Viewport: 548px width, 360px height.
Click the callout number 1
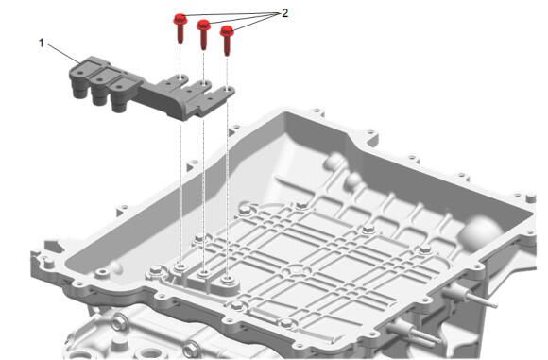[x=42, y=43]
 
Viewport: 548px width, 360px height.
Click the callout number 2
[x=284, y=13]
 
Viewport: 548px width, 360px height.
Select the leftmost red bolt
[x=180, y=28]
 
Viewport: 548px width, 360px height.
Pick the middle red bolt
[x=203, y=34]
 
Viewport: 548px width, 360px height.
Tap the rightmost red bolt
[x=227, y=41]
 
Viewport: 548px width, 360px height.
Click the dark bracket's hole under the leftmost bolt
[x=180, y=77]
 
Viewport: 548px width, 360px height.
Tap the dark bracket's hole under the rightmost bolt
[x=227, y=90]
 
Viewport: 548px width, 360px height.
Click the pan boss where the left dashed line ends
[x=180, y=267]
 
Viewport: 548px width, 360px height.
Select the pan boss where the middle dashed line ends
[x=204, y=273]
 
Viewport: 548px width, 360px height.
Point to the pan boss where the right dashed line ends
[x=228, y=279]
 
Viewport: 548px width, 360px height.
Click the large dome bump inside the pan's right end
[x=480, y=231]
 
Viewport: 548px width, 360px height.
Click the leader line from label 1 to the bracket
[x=64, y=54]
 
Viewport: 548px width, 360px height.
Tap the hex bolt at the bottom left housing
[x=119, y=321]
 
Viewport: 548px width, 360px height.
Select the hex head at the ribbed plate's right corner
[x=424, y=249]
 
